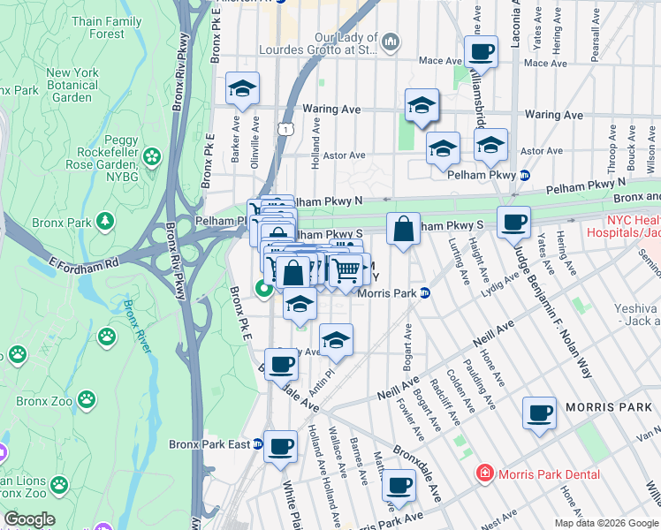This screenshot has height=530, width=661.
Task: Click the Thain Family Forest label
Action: pyautogui.click(x=106, y=27)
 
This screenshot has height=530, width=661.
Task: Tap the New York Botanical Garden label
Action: pyautogui.click(x=71, y=85)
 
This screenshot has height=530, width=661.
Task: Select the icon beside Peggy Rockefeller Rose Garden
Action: pyautogui.click(x=152, y=158)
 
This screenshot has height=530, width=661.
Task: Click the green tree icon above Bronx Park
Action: pyautogui.click(x=105, y=220)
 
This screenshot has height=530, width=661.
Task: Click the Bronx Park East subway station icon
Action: pyautogui.click(x=258, y=443)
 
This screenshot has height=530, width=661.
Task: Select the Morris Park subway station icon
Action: pyautogui.click(x=424, y=292)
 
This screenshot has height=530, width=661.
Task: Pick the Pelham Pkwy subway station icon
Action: pyautogui.click(x=524, y=175)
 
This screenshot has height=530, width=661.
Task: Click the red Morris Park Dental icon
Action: pyautogui.click(x=483, y=474)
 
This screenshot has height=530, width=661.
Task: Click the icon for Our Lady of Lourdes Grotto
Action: pyautogui.click(x=389, y=42)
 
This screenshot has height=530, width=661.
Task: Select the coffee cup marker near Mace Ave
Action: pyautogui.click(x=482, y=52)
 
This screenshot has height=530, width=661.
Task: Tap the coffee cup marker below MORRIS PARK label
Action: pyautogui.click(x=539, y=413)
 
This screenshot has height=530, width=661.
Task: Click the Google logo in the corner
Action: pyautogui.click(x=29, y=519)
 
